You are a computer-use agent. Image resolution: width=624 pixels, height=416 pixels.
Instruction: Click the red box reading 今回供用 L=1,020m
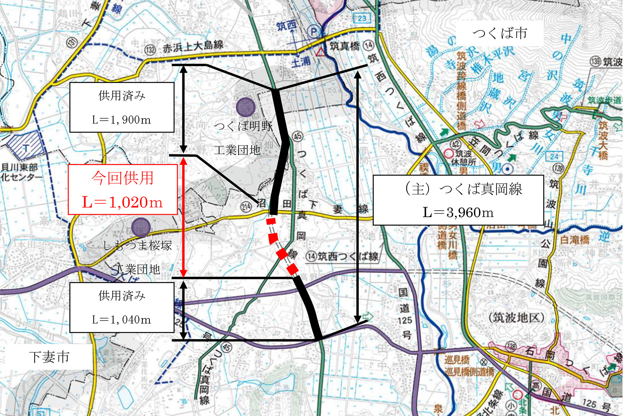[123, 189]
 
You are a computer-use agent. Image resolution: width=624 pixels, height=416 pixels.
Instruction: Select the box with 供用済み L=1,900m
[122, 107]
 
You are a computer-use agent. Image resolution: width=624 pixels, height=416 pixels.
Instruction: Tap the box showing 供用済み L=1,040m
[122, 307]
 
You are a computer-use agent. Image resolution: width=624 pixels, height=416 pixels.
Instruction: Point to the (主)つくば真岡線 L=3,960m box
[458, 200]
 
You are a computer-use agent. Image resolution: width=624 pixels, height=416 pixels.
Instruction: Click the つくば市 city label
[500, 33]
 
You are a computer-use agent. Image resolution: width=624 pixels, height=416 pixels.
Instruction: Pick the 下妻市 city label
[49, 357]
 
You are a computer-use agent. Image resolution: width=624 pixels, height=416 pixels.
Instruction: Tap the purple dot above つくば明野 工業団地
[245, 107]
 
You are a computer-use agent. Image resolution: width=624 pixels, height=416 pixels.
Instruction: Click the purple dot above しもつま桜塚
[141, 227]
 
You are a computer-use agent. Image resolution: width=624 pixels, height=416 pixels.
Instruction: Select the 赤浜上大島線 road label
[193, 46]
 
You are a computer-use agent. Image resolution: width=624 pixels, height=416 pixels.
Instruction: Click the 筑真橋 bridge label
[344, 46]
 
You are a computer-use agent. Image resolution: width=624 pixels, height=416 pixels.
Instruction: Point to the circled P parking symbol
[314, 32]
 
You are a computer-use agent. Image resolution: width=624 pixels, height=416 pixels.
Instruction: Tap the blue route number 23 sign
[362, 19]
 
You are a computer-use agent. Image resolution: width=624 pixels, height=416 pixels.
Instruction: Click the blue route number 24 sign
[554, 156]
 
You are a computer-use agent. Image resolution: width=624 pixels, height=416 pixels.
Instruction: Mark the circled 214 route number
[246, 206]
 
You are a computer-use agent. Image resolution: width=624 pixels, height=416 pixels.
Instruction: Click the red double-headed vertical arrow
[184, 217]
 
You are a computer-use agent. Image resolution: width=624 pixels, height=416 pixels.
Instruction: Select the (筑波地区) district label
[517, 318]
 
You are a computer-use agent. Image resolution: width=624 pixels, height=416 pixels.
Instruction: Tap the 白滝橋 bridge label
[575, 240]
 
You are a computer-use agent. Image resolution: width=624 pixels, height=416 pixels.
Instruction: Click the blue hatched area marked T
[26, 146]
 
